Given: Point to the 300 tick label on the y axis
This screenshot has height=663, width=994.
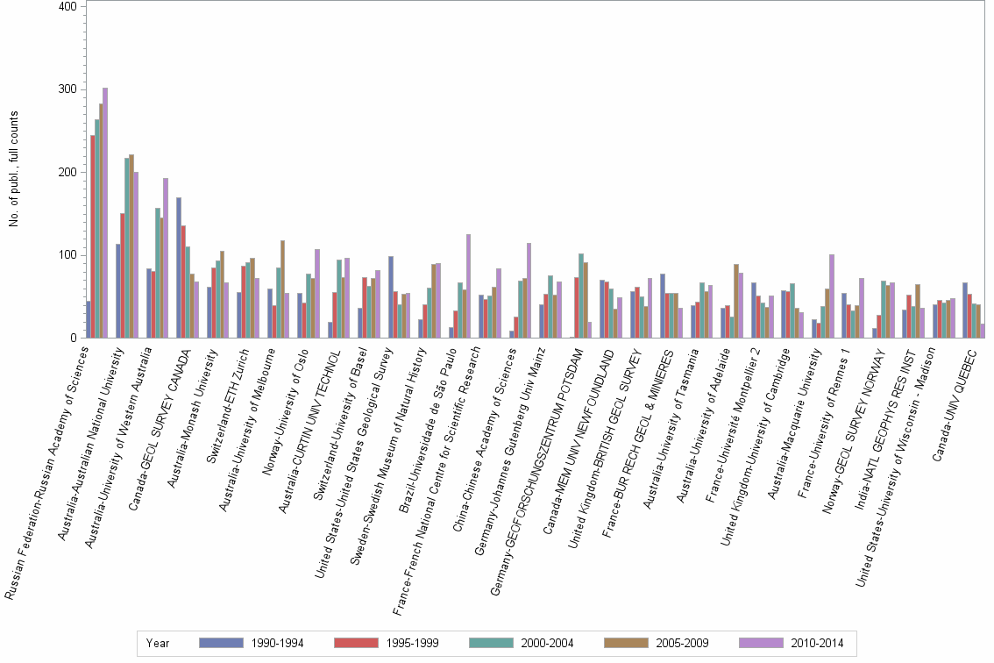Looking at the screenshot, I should click(x=74, y=89).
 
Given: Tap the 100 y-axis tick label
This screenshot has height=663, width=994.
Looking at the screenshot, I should click(x=74, y=255).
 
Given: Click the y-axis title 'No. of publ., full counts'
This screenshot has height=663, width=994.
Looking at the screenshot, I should click(x=13, y=169).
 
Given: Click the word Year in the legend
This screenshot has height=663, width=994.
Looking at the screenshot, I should click(x=159, y=643).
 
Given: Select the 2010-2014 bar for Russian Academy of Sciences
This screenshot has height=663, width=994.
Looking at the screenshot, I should click(x=105, y=213).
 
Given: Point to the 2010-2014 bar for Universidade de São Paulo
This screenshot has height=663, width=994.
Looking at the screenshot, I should click(x=468, y=286).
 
